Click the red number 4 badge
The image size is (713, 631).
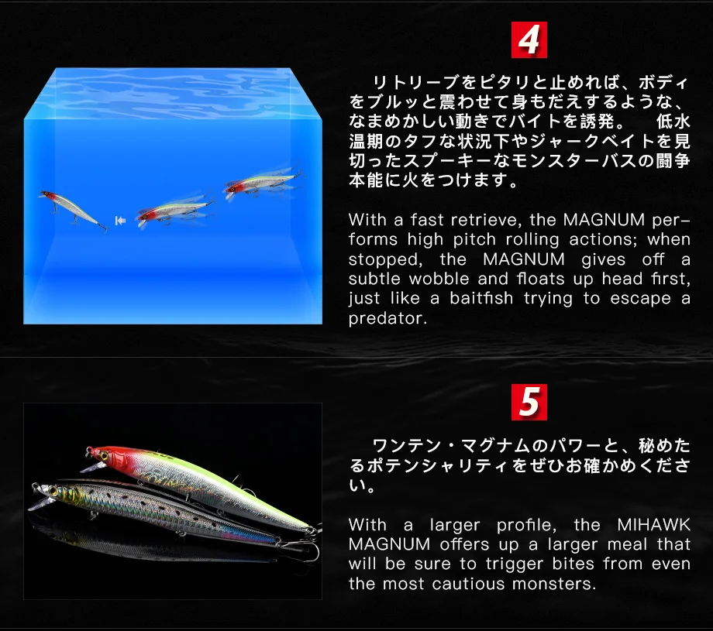coord(529,40)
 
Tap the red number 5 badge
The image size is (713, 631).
coord(529,402)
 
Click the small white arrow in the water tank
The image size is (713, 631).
coord(120,221)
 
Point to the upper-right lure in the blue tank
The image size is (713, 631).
coord(263,183)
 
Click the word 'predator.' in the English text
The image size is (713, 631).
coord(387,319)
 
